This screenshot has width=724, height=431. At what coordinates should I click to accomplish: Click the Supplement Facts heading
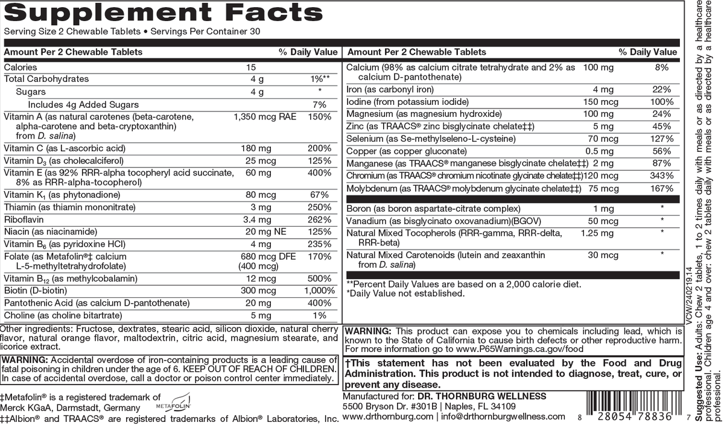pyautogui.click(x=163, y=13)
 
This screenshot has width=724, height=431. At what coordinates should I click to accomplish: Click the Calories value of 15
pyautogui.click(x=252, y=68)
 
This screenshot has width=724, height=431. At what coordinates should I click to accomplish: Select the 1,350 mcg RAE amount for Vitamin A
pyautogui.click(x=265, y=116)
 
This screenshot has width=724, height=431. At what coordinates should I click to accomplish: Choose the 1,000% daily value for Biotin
pyautogui.click(x=318, y=291)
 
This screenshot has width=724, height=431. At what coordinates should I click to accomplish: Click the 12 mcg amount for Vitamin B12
pyautogui.click(x=257, y=278)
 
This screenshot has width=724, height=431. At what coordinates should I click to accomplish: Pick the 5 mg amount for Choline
pyautogui.click(x=257, y=315)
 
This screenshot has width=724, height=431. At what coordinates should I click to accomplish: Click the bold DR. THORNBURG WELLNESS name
pyautogui.click(x=481, y=396)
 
